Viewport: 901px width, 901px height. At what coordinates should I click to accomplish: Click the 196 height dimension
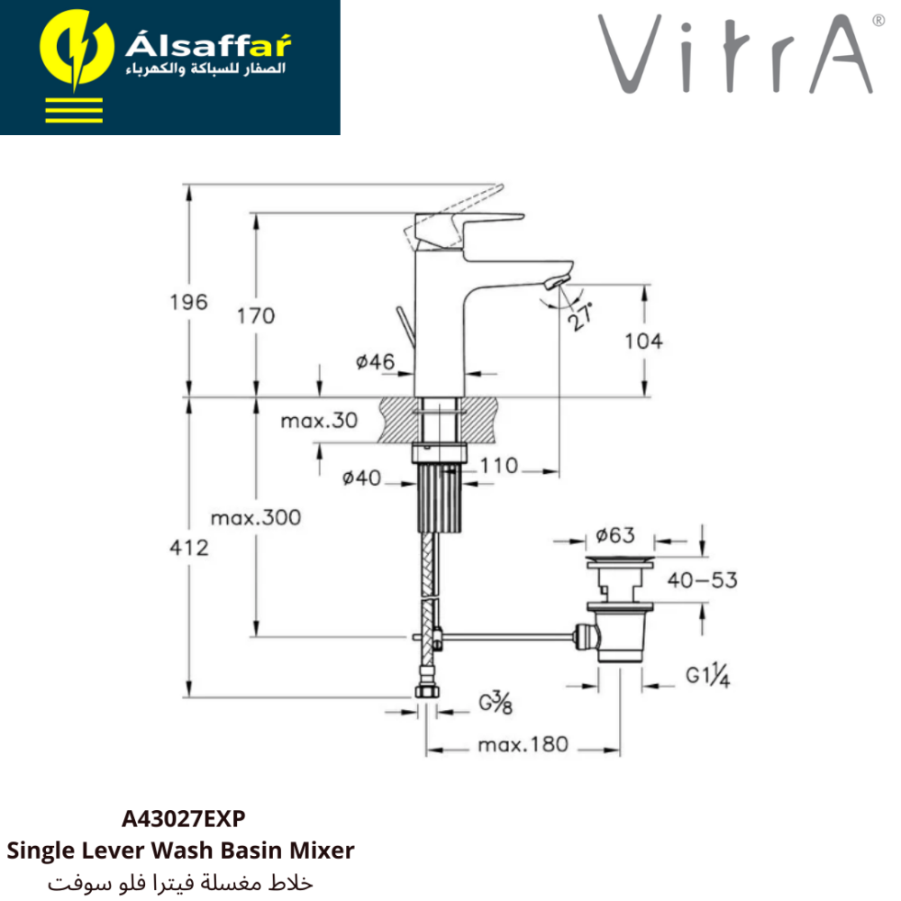click(x=188, y=302)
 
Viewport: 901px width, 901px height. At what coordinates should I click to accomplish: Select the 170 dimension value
click(x=256, y=316)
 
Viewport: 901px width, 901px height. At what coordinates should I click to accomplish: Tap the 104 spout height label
click(x=643, y=341)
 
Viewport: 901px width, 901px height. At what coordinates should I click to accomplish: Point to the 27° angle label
click(x=579, y=316)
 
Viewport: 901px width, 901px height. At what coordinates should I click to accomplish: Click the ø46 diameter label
click(x=375, y=362)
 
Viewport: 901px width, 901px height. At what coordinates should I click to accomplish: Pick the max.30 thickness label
click(x=319, y=421)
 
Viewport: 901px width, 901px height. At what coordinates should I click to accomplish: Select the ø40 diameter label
click(x=361, y=478)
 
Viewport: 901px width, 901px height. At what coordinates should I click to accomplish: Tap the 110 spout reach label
click(x=499, y=466)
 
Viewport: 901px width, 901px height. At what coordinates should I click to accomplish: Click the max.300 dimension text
click(x=256, y=518)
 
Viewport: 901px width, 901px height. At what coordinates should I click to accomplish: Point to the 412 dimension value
click(x=189, y=548)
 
